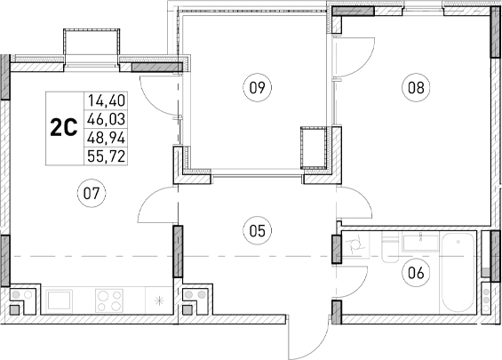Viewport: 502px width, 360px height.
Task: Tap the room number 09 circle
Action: tap(257, 87)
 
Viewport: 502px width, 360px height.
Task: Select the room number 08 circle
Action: tap(414, 87)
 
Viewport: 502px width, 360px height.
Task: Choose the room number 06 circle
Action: tap(414, 273)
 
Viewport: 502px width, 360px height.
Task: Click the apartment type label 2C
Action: tap(62, 128)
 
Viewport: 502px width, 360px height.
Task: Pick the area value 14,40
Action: tap(106, 101)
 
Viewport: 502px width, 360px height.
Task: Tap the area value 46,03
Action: tap(106, 119)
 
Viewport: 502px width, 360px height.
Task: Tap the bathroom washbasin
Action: tap(416, 241)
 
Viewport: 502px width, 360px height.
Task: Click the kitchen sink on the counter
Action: tap(63, 300)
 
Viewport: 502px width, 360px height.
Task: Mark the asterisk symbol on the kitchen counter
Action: tap(159, 300)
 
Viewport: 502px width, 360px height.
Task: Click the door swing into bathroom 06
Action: tap(353, 284)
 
